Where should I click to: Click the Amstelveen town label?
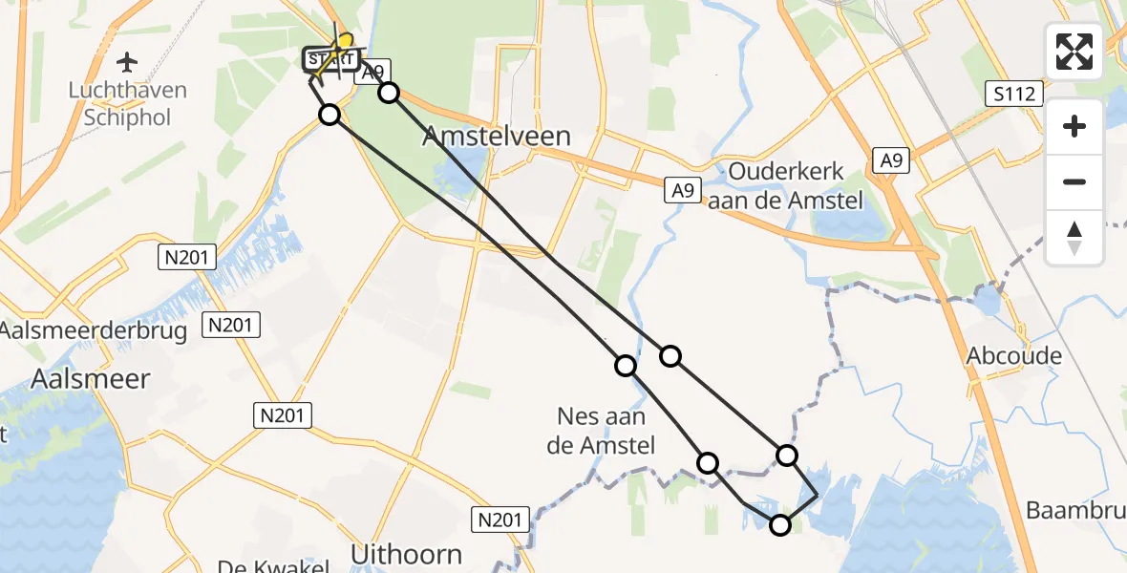497,137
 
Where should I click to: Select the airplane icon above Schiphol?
126,63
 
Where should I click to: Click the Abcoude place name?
1013,356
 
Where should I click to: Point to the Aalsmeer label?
90,379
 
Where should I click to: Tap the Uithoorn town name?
406,554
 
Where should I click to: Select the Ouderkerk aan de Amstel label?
786,185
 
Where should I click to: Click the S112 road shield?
1013,94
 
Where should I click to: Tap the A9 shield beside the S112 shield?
891,160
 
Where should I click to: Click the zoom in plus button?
1074,127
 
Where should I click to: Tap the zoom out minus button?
1074,181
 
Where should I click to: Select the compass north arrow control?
1074,237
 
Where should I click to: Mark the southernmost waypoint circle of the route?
780,524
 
